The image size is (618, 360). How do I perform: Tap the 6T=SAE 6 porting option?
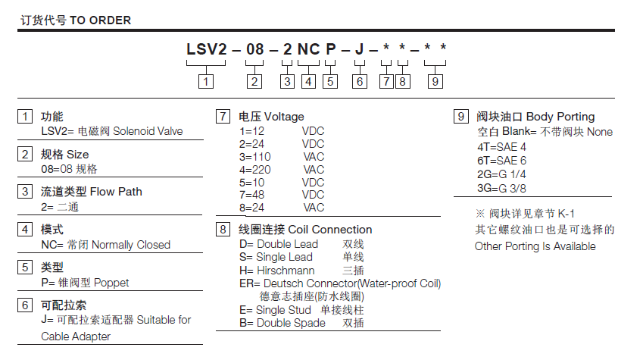pos(501,160)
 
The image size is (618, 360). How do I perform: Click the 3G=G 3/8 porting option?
pos(502,187)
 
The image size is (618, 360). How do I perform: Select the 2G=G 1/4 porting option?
pos(502,174)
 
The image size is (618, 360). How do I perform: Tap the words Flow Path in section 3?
pos(117,192)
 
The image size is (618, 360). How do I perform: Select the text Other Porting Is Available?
pos(535,246)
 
